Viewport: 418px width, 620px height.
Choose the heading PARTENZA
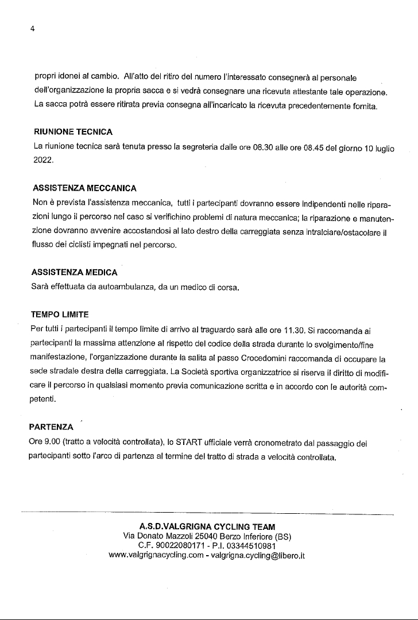click(x=51, y=427)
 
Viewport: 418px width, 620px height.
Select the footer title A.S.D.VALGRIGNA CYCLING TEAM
click(x=208, y=526)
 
